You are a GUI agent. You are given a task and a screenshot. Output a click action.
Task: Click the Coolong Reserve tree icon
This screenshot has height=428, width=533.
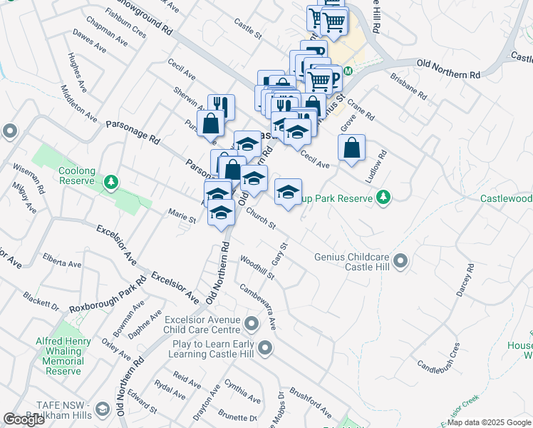tap(110, 183)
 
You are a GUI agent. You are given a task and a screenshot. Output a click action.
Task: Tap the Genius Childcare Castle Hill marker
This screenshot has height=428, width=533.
tap(400, 261)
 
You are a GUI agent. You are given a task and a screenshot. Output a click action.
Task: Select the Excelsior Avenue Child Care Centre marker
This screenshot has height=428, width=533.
tap(251, 325)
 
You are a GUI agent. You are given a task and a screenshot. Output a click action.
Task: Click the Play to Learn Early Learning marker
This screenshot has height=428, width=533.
tap(265, 349)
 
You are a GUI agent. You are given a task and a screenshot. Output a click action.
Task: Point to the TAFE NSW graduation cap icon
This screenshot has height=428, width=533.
tap(103, 409)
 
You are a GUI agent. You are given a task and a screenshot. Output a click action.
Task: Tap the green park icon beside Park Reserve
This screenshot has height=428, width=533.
tap(383, 196)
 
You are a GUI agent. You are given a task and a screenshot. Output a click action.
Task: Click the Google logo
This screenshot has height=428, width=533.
tap(24, 419)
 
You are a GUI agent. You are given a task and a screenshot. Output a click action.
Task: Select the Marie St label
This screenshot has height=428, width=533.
tap(182, 214)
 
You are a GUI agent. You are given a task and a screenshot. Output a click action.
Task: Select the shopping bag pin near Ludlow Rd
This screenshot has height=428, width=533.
tap(351, 148)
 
